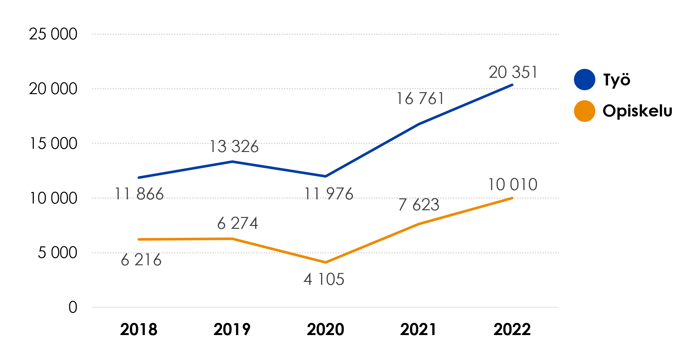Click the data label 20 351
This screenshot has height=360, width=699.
tap(513, 72)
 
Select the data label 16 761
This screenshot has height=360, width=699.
tap(420, 99)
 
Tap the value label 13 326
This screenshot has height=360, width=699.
tap(234, 147)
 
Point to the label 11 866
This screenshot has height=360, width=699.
tap(139, 194)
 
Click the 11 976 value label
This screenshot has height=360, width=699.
tap(329, 194)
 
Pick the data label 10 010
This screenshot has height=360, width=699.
tap(512, 185)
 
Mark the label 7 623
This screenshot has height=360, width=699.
tap(419, 205)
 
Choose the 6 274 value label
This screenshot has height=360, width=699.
tap(237, 223)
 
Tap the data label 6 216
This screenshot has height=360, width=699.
tap(141, 260)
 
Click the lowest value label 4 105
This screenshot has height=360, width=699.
tap(324, 279)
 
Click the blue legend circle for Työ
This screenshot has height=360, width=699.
tap(584, 79)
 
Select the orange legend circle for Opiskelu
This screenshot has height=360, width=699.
tap(584, 111)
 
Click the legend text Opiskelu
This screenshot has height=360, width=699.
tap(637, 111)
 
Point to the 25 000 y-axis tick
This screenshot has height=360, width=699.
tap(53, 34)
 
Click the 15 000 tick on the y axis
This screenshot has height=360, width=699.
tap(53, 143)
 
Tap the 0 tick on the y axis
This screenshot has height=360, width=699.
tap(73, 307)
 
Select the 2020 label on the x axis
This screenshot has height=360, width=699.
tap(325, 329)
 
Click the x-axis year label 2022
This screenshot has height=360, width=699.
tap(512, 329)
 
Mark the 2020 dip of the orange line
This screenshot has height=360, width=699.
tap(325, 262)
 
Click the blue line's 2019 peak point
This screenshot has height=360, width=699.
tap(232, 162)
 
